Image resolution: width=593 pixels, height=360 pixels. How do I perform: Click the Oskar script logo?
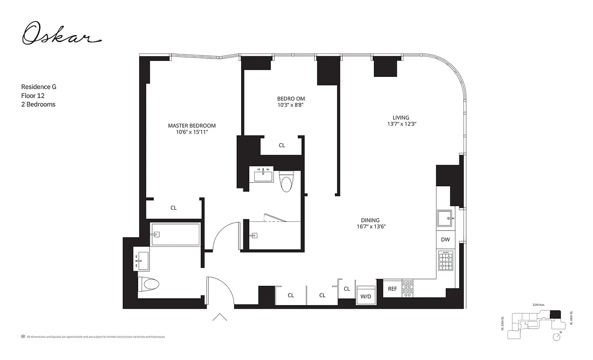click(x=61, y=34)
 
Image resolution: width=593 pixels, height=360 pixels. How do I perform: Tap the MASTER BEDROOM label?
click(x=192, y=126)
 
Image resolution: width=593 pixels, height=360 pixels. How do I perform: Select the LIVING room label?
click(x=400, y=118)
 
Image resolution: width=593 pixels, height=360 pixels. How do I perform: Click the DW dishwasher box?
click(x=445, y=240)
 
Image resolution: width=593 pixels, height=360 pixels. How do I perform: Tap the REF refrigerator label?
click(x=392, y=289)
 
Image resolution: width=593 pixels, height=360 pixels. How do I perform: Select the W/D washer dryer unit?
click(x=366, y=296)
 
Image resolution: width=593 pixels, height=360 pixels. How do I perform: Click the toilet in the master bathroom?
click(x=150, y=284)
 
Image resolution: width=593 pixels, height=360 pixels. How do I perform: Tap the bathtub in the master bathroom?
click(x=175, y=234)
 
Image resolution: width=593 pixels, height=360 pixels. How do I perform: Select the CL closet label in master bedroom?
click(x=174, y=208)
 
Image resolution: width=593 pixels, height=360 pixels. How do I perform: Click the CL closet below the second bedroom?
click(x=282, y=145)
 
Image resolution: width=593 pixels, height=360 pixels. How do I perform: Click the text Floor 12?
click(x=33, y=95)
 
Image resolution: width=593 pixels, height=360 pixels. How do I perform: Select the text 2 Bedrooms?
click(x=38, y=104)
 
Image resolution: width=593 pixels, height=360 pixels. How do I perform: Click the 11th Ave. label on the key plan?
click(x=539, y=305)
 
